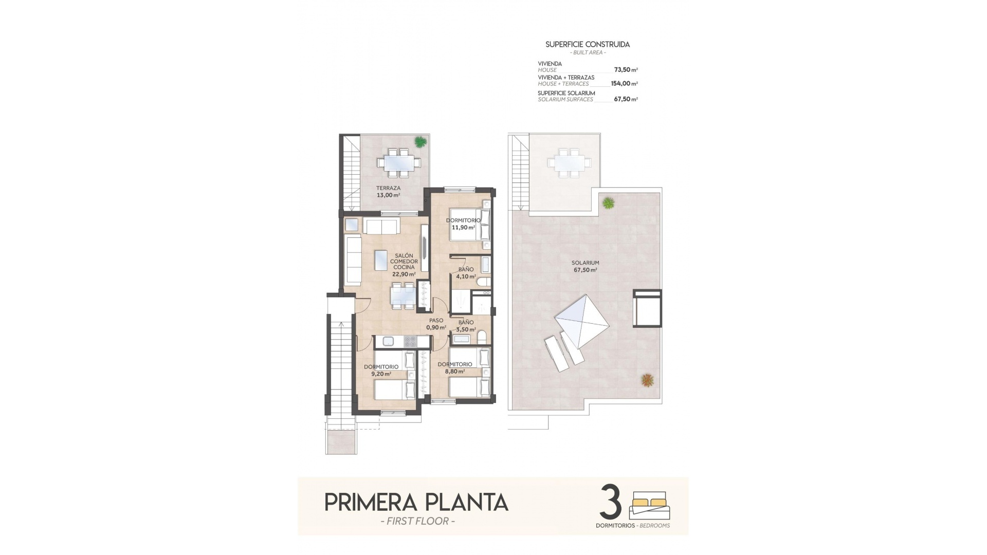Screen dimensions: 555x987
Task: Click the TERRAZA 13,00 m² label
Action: point(388,192)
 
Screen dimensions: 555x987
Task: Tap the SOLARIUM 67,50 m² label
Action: point(585,266)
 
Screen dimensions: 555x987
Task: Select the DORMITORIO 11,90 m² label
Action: point(463,224)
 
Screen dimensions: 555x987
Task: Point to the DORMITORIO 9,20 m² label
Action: point(381,370)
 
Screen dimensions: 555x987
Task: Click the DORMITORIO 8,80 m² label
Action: point(454,367)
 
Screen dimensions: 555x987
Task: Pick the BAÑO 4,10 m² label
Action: point(466,273)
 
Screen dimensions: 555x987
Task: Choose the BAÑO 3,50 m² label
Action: point(466,326)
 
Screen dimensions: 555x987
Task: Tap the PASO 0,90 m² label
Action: point(436,324)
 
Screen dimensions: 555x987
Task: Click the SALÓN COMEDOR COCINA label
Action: point(404,265)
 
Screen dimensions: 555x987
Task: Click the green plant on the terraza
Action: point(421,141)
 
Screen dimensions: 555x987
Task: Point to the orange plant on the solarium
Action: point(647,380)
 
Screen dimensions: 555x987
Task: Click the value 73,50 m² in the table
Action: point(626,69)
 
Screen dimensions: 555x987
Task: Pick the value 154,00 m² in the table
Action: point(624,83)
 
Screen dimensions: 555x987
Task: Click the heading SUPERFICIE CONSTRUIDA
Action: point(587,45)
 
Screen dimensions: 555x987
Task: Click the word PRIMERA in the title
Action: point(372,502)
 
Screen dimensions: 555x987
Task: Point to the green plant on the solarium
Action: point(609,203)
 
